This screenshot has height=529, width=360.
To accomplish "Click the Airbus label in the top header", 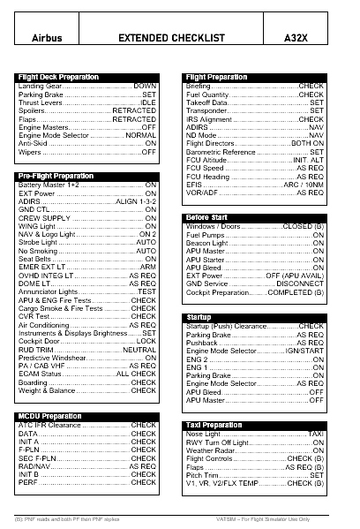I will click(47, 39).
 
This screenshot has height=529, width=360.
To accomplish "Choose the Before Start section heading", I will click(209, 217).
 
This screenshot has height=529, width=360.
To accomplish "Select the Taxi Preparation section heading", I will click(214, 425).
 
